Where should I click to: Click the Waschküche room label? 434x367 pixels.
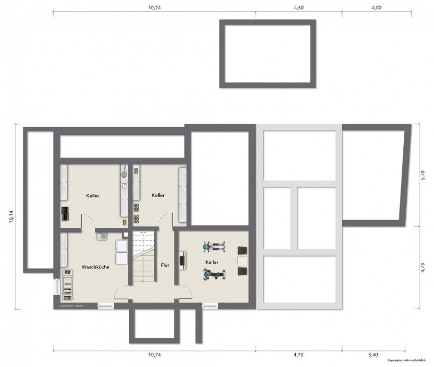point(95,267)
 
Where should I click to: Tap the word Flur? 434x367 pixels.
point(165,265)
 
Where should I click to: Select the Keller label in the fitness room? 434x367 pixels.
point(211,261)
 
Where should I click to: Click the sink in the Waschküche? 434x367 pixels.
point(101,237)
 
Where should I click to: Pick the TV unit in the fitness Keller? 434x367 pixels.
point(182,261)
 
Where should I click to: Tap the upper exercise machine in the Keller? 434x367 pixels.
point(214,246)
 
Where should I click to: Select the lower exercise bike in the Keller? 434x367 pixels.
point(214,273)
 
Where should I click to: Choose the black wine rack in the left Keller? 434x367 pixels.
point(64,213)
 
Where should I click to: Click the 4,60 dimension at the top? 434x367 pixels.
point(299,8)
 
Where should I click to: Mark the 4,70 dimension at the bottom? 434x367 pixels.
point(299,354)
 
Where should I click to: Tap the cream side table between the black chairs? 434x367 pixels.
point(242,261)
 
